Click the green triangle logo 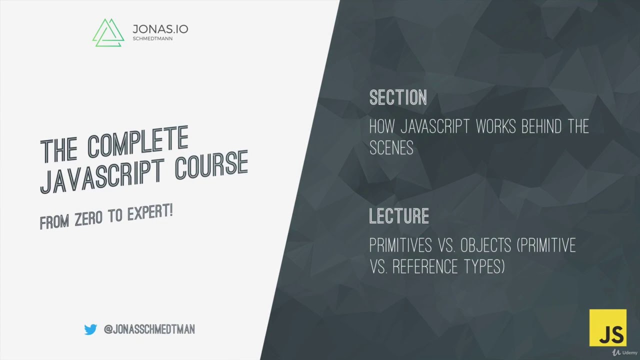pos(108,33)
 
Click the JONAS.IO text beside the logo pos(160,29)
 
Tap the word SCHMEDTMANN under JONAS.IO pos(152,38)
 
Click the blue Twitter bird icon pos(90,329)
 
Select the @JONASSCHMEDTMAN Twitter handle pos(149,329)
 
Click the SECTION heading pos(398,97)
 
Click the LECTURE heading pos(399,216)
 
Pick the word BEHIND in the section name pos(535,126)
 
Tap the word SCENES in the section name pos(391,147)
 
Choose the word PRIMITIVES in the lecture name pos(400,245)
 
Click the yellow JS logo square pos(607,327)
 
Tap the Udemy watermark pos(623,352)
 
